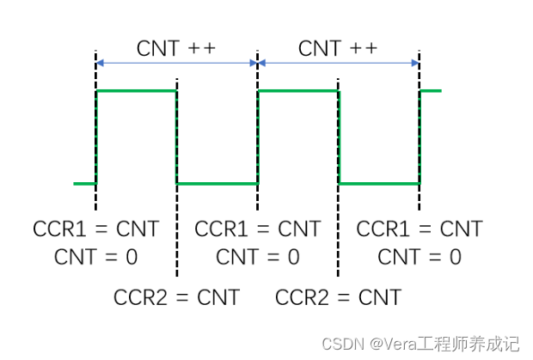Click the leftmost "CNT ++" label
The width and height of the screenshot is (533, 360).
click(175, 48)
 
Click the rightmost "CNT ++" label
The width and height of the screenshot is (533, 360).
click(338, 48)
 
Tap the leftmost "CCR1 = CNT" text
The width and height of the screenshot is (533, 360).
click(96, 229)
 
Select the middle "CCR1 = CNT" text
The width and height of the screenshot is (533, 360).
click(258, 229)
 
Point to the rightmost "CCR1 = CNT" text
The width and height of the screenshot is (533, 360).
click(420, 229)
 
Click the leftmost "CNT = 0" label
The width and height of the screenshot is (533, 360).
click(96, 256)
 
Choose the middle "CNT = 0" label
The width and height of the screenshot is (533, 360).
click(258, 256)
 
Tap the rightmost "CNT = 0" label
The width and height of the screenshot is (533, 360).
click(420, 256)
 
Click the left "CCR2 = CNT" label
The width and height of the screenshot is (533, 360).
click(177, 297)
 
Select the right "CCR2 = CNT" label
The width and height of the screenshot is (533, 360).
click(339, 297)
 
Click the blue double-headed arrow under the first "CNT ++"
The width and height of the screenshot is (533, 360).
click(176, 63)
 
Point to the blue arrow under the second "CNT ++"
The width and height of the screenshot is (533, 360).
click(338, 63)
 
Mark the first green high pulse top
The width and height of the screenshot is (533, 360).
click(136, 90)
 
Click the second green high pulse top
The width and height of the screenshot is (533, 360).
click(298, 90)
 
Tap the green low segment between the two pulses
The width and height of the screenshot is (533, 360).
click(217, 183)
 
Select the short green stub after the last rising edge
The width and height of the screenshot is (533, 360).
click(431, 90)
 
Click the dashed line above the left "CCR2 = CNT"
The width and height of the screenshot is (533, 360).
click(176, 241)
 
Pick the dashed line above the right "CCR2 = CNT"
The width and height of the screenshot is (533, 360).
click(339, 241)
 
